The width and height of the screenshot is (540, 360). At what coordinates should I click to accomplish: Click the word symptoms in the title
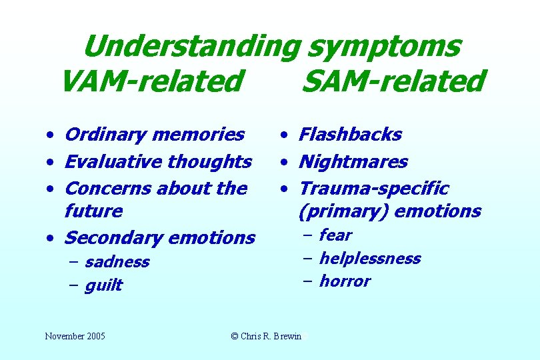coord(384,47)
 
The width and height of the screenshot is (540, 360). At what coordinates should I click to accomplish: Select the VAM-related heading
coord(151,81)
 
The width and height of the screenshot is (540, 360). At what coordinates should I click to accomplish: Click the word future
coord(94,211)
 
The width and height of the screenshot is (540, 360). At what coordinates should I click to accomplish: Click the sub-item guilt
coord(104,285)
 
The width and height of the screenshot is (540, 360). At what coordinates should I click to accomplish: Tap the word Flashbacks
coord(350,135)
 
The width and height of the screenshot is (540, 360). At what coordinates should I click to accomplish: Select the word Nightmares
coord(353,161)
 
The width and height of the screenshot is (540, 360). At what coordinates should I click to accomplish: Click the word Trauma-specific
coord(373,189)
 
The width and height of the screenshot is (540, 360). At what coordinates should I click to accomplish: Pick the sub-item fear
coord(335,235)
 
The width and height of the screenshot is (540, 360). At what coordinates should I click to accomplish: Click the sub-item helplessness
coord(370,258)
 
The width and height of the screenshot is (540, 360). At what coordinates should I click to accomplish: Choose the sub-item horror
coord(345,281)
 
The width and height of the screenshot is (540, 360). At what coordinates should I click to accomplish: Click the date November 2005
coord(75,336)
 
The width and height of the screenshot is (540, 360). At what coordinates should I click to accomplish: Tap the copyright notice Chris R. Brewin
coord(266,336)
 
